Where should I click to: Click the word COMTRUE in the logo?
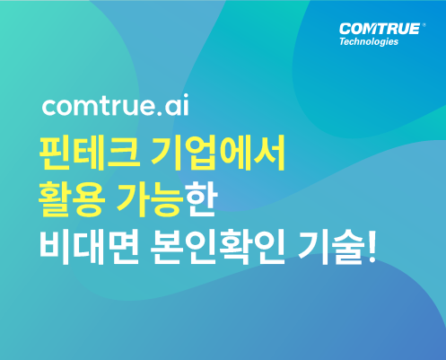tap(380, 30)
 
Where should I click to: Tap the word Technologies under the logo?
tap(369, 41)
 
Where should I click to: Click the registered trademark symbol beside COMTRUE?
tap(424, 25)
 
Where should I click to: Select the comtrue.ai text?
tap(116, 105)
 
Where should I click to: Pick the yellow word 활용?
tap(72, 199)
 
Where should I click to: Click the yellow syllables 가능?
tap(150, 199)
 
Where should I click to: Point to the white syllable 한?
tap(199, 199)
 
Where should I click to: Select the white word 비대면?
tap(89, 246)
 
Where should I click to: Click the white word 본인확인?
tap(217, 246)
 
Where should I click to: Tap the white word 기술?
tap(331, 246)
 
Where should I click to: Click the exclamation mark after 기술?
tap(372, 246)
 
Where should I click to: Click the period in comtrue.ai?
tap(160, 113)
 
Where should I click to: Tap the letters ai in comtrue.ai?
tap(177, 105)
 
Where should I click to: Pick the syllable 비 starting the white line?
tap(55, 246)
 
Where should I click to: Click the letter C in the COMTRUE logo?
tap(345, 30)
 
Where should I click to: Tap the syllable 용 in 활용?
tap(89, 199)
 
